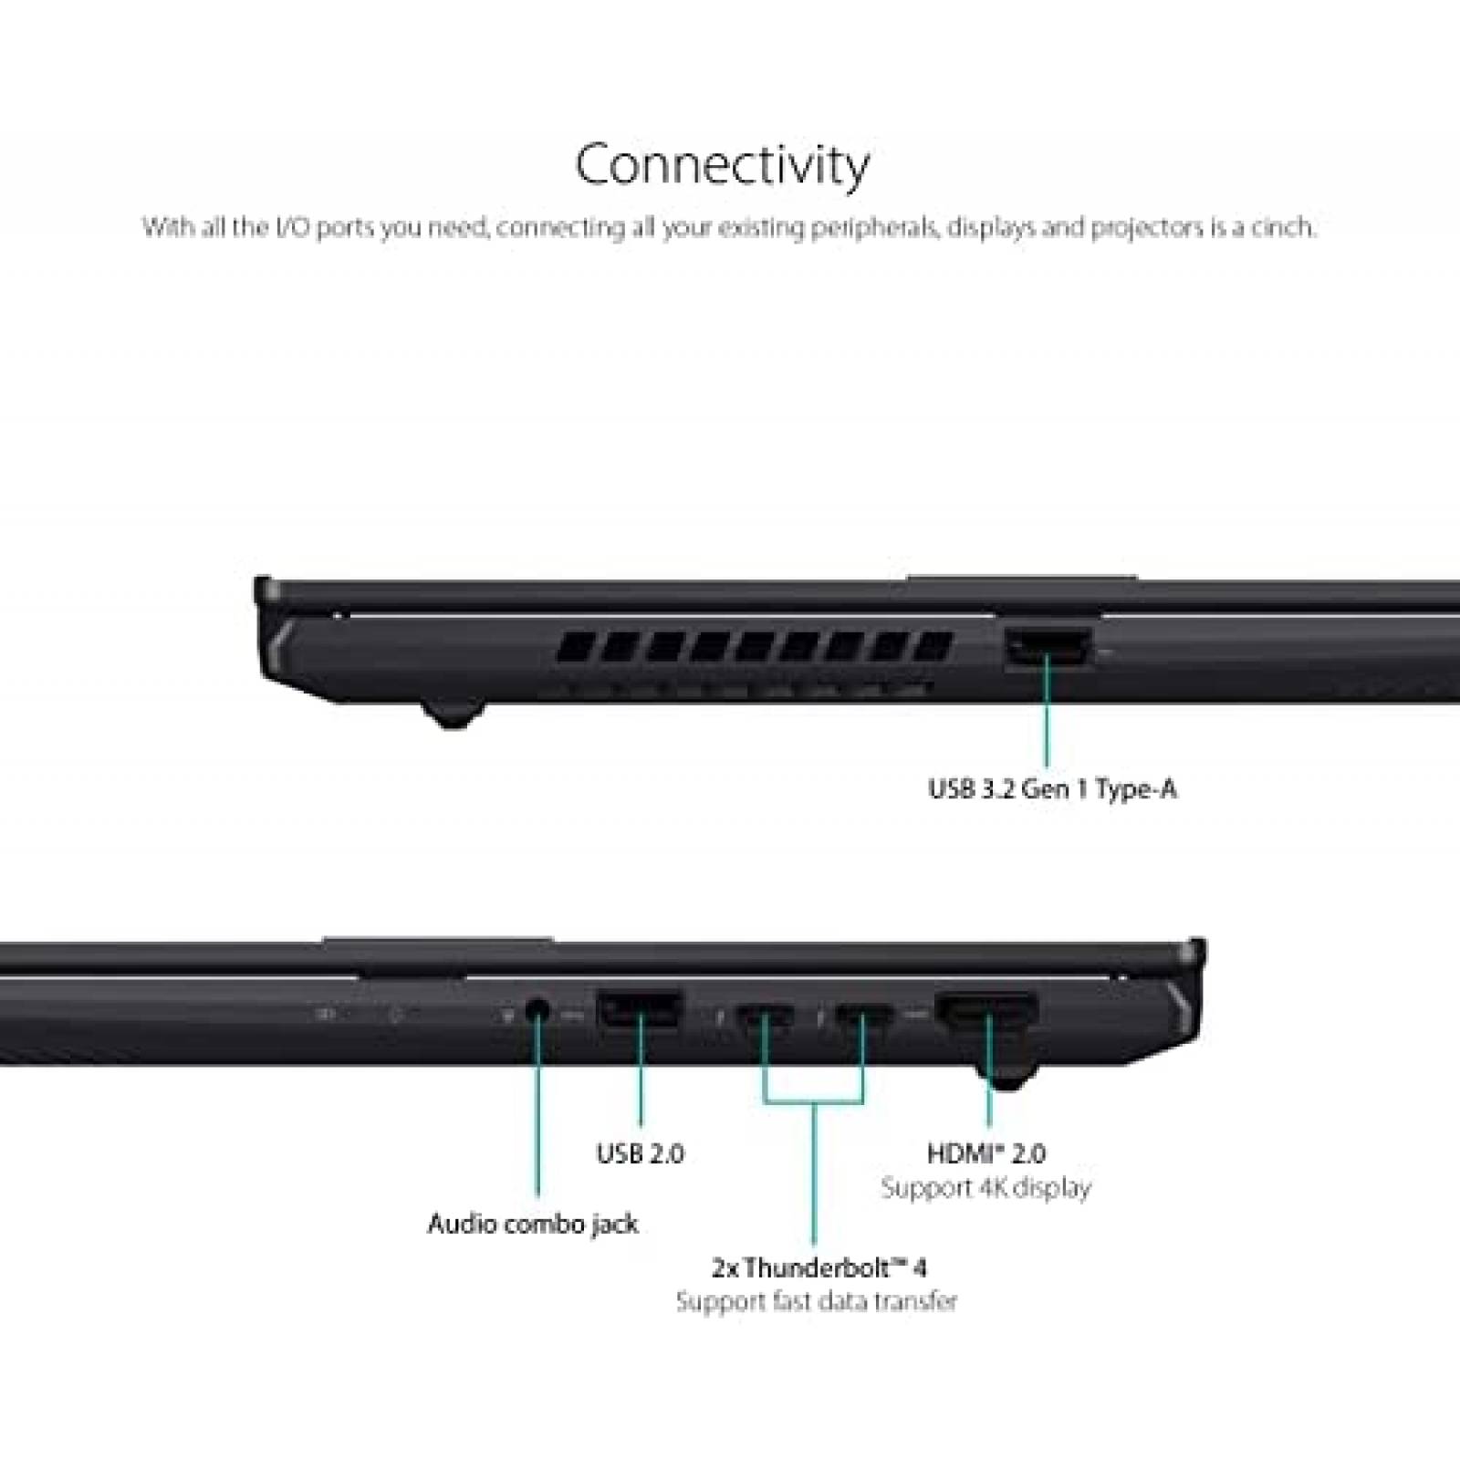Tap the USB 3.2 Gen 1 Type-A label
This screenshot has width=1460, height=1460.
[1052, 789]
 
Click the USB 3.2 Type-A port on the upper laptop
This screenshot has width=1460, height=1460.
[1048, 648]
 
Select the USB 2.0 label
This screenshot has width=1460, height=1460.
[640, 1153]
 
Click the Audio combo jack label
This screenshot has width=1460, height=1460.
[533, 1225]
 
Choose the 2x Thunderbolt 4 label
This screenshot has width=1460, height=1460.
[819, 1267]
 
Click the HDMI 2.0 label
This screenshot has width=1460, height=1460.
[986, 1153]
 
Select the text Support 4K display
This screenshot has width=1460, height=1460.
[985, 1188]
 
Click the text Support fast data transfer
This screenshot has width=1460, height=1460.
[817, 1301]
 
